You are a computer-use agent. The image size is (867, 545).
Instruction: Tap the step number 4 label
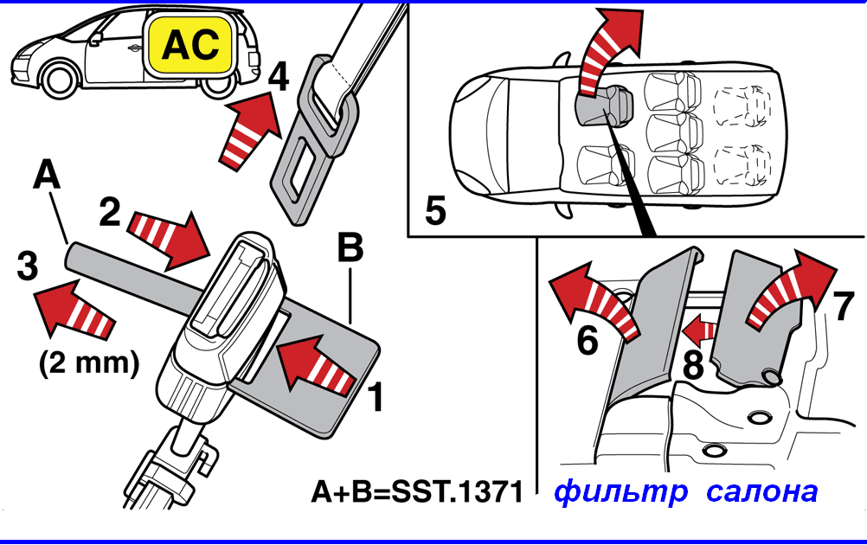click(278, 78)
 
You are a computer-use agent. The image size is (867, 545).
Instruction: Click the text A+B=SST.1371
click(417, 493)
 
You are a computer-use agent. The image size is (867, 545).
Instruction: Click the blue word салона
click(761, 492)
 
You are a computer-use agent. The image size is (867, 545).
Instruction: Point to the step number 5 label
click(435, 211)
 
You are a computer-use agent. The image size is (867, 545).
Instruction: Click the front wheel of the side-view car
click(64, 80)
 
